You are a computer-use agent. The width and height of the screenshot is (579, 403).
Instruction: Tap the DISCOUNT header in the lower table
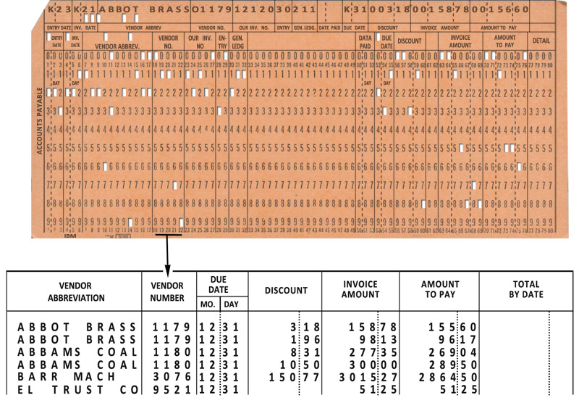285,291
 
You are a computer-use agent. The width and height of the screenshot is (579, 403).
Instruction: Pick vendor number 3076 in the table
172,377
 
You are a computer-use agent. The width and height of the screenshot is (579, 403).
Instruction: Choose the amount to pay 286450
449,377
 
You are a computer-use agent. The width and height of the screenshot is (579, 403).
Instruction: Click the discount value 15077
287,377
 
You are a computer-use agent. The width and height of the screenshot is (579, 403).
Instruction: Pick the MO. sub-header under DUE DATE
206,304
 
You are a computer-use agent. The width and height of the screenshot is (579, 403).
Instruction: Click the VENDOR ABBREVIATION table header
76,292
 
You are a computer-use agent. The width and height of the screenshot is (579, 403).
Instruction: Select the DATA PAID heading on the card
365,41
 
